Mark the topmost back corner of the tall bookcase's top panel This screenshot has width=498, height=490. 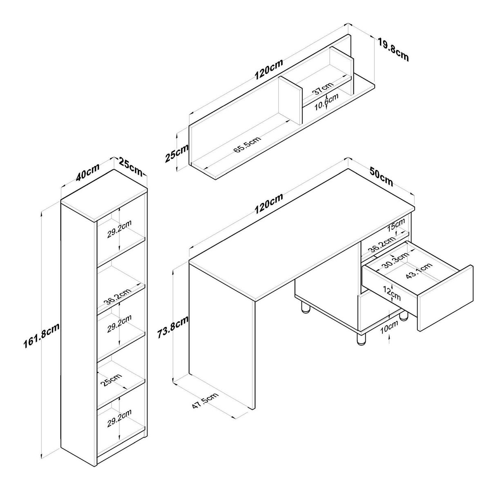click(114, 169)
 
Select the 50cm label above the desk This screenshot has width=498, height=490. click(381, 177)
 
